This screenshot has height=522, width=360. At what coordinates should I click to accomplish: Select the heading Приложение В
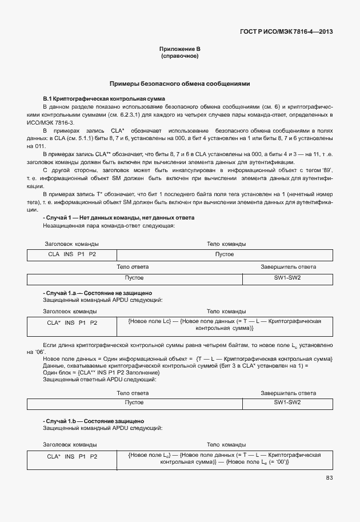[179, 49]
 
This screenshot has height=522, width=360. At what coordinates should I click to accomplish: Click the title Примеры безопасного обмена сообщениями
[179, 83]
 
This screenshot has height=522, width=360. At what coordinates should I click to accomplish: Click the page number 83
[329, 477]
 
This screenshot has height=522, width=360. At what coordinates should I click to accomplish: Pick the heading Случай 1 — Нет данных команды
[119, 218]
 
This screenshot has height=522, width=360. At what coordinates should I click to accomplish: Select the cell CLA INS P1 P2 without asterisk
[72, 254]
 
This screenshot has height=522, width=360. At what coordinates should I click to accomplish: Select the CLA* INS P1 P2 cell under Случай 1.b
[72, 456]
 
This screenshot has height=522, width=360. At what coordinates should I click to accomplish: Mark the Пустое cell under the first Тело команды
[224, 254]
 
